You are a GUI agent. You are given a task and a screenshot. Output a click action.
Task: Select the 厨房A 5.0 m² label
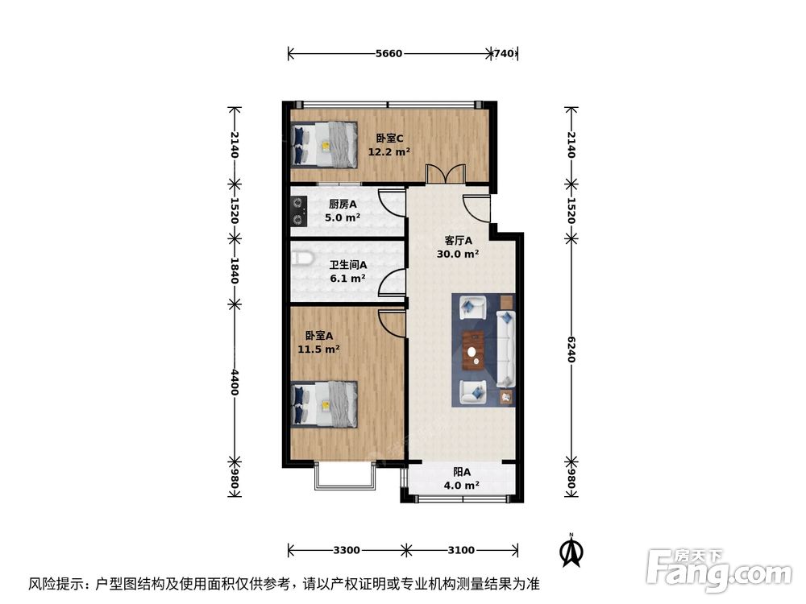pyautogui.click(x=343, y=211)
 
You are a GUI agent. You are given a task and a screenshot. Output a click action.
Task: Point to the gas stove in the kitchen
pyautogui.click(x=298, y=210)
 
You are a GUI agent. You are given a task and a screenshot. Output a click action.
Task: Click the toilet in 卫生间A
pyautogui.click(x=301, y=259)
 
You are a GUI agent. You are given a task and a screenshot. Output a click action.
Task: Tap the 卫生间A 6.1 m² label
pyautogui.click(x=347, y=271)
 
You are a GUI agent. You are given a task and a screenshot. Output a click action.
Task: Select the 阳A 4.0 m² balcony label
pyautogui.click(x=462, y=479)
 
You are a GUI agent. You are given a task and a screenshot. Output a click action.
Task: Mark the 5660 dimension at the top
pyautogui.click(x=388, y=54)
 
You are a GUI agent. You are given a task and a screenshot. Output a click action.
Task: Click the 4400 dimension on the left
pyautogui.click(x=235, y=383)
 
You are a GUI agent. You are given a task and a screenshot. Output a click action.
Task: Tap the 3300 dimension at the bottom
pyautogui.click(x=346, y=550)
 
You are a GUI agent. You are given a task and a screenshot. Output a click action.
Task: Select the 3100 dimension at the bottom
pyautogui.click(x=461, y=550)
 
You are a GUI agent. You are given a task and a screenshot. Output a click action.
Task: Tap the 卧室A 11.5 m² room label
pyautogui.click(x=318, y=343)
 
